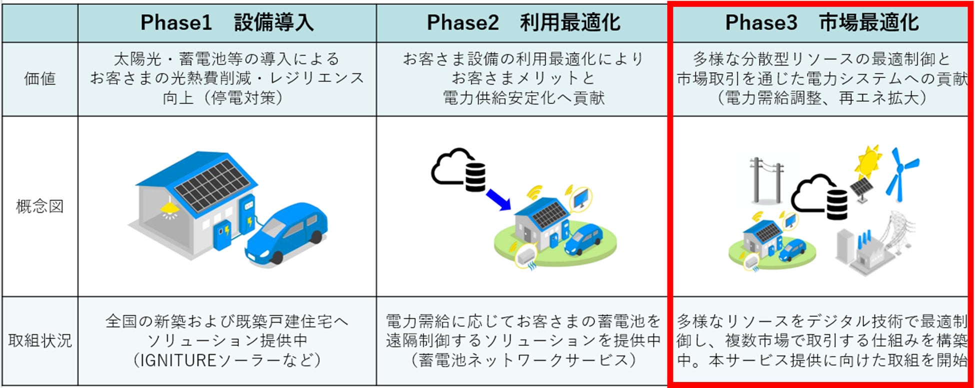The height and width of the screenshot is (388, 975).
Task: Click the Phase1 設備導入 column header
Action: point(227,23)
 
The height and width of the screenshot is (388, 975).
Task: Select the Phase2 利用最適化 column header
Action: point(523,23)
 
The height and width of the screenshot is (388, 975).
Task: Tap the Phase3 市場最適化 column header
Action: point(821,23)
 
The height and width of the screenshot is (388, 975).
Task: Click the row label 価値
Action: point(40,79)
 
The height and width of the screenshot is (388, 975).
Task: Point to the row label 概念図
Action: point(40,206)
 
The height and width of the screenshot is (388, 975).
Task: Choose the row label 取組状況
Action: point(40,341)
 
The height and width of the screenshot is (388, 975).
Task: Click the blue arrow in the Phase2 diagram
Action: point(498,199)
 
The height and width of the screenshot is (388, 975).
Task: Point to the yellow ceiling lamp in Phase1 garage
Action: point(169,206)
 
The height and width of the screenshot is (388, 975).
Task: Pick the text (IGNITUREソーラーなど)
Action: point(227,360)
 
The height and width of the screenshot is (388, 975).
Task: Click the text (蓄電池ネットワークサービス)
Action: point(523,360)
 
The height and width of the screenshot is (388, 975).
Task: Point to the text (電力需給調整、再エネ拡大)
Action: point(821,98)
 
